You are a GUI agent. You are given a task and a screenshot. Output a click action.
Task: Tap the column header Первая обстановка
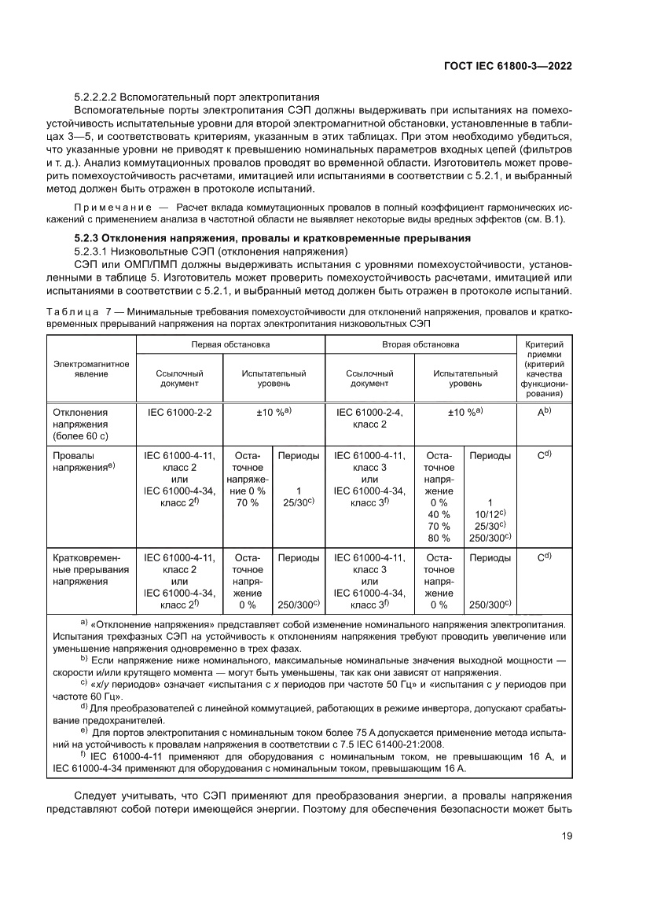pos(231,344)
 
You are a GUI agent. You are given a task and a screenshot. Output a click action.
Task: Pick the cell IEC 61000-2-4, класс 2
pos(369,417)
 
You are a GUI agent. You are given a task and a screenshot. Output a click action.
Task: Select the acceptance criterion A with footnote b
pos(543,411)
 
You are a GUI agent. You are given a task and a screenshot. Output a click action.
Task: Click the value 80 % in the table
pos(439,538)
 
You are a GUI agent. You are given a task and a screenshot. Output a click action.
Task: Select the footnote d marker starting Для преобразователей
pos(83,705)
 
